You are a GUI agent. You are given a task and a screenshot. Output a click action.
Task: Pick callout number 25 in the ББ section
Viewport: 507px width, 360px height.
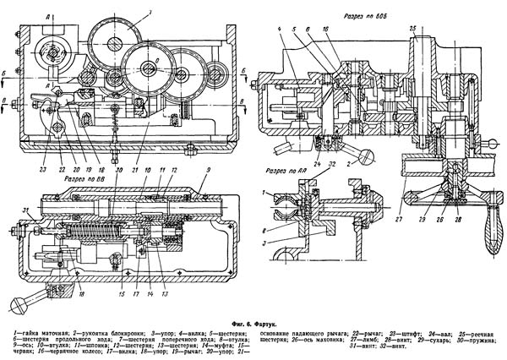(413, 30)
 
